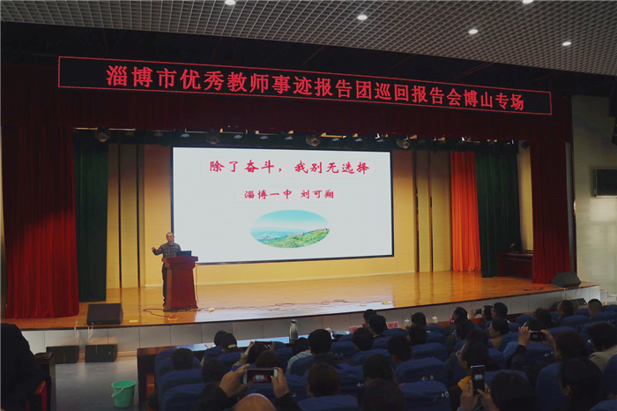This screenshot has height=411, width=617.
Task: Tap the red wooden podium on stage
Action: (181, 282)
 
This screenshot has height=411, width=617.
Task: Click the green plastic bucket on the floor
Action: (123, 392)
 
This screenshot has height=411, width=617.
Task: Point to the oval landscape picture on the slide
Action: (290, 228)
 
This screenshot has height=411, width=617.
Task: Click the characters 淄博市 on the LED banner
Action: (140, 78)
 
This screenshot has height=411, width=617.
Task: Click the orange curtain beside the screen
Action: (465, 211)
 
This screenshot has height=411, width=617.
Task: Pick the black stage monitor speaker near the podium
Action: (105, 314)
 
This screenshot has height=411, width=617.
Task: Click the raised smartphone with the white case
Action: (260, 376)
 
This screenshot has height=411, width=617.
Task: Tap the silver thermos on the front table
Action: (294, 330)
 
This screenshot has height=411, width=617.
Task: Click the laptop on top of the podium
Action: (183, 253)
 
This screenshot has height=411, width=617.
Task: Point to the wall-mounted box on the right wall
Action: (606, 183)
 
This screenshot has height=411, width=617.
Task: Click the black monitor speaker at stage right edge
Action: (566, 279)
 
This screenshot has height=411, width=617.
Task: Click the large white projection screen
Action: (283, 205)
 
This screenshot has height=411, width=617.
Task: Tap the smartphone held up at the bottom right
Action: (478, 378)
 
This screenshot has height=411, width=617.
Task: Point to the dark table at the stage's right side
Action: (515, 265)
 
